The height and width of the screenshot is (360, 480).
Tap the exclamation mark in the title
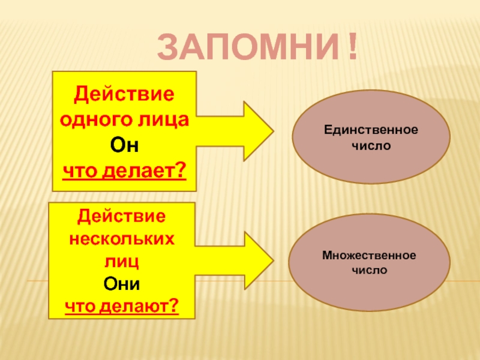pyautogui.click(x=349, y=48)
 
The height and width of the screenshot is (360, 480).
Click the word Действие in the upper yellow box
pyautogui.click(x=124, y=94)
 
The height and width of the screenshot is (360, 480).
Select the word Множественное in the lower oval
pyautogui.click(x=369, y=255)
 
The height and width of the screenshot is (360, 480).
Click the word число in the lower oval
pyautogui.click(x=369, y=271)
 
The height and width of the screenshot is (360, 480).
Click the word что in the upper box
pyautogui.click(x=80, y=171)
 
